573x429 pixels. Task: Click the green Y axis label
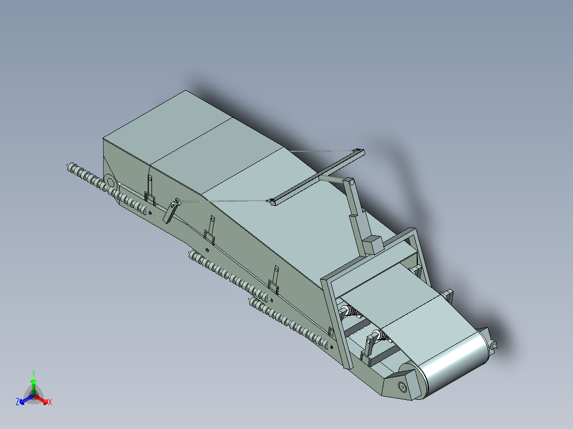coord(33,373)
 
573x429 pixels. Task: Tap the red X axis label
coord(49,402)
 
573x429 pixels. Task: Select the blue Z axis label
coord(18,402)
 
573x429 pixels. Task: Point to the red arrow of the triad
coord(44,399)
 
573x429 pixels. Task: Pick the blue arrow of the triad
coord(23,400)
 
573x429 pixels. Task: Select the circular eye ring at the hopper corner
coord(111,181)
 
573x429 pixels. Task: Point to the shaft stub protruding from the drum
coord(494,345)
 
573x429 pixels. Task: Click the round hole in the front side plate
coord(402,387)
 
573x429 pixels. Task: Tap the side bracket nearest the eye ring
coord(150,191)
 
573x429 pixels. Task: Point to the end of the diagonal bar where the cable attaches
coord(273,201)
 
